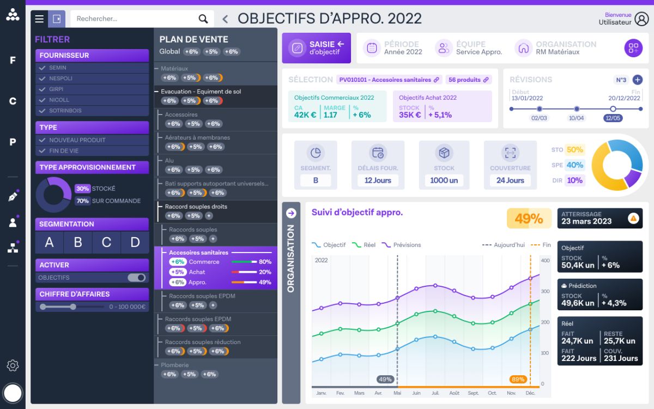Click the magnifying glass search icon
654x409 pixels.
203,19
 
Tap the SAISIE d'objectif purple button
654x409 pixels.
316,48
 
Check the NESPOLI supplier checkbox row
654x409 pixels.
92,79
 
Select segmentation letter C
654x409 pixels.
106,243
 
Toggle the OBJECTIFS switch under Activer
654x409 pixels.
137,278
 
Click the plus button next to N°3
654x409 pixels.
637,80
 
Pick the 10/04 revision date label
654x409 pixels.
576,118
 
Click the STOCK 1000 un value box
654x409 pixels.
444,181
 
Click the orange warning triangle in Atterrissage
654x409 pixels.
633,218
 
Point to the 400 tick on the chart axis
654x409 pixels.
545,261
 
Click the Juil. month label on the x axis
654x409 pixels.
435,393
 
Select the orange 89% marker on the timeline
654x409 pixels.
518,380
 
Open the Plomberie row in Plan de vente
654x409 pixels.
175,365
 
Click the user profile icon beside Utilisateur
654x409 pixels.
642,19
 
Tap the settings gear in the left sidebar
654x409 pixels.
13,365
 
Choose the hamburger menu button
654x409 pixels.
39,19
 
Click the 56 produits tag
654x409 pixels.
468,80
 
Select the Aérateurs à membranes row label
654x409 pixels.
197,137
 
